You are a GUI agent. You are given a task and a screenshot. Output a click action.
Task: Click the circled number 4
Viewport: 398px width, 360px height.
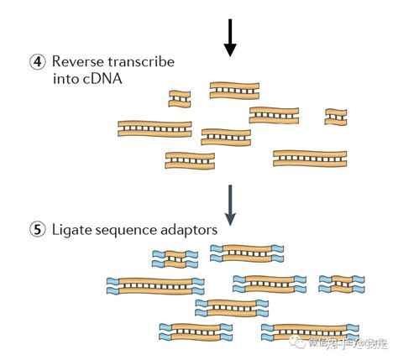point(37,62)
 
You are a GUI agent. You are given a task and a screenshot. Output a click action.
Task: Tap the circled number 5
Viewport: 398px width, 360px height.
point(37,228)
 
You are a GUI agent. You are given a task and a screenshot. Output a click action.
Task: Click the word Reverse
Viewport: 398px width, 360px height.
point(77,62)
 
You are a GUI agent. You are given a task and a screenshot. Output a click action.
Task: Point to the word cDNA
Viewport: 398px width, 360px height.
point(98,80)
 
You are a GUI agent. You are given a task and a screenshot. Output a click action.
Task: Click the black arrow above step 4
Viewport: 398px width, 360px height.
point(230,38)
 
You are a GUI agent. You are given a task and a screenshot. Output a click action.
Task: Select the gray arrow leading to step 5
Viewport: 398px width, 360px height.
point(230,204)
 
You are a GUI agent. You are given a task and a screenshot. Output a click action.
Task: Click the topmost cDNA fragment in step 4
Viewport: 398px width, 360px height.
point(234,90)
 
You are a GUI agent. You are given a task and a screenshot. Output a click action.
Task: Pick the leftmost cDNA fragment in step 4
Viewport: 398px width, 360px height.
point(154,128)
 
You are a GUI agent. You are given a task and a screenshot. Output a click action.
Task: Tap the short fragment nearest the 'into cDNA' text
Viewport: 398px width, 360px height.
point(179,98)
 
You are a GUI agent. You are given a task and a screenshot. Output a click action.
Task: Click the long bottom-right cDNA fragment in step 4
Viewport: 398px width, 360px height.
point(310,158)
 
